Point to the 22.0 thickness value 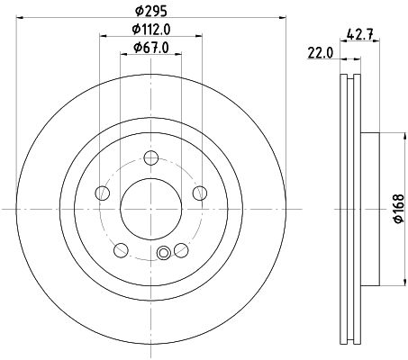[x=321, y=53]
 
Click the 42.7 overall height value [x=360, y=37]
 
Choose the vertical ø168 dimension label [x=397, y=209]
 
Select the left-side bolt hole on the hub [x=103, y=193]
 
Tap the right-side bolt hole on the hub [x=198, y=193]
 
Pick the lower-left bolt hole [x=121, y=249]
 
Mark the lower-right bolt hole [x=180, y=249]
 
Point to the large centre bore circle [x=150, y=209]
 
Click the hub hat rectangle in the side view [x=372, y=209]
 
